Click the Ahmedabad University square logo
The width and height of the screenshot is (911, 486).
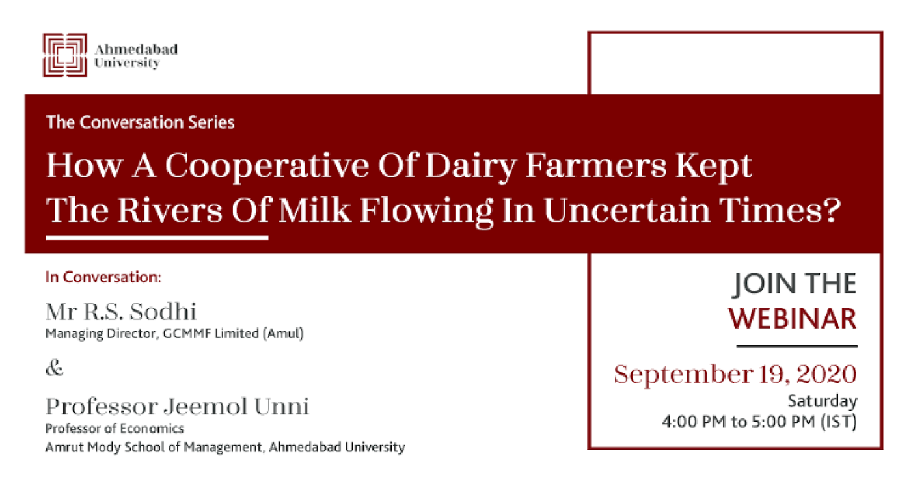[65, 55]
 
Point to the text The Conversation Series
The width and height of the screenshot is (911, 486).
[141, 122]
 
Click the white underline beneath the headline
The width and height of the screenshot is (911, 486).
[157, 237]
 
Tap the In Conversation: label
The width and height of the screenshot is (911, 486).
[103, 277]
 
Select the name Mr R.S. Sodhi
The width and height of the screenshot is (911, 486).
[121, 312]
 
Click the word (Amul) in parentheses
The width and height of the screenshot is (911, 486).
[283, 334]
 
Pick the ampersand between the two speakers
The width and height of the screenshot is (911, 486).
[55, 368]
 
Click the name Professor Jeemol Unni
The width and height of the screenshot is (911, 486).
[177, 406]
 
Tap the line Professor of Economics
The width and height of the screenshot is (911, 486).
[115, 428]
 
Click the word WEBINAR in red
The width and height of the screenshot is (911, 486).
[793, 318]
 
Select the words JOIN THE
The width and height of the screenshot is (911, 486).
[795, 284]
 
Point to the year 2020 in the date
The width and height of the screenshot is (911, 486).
[827, 374]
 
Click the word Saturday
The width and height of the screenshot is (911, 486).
[823, 401]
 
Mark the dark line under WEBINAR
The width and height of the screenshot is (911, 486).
[796, 347]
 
